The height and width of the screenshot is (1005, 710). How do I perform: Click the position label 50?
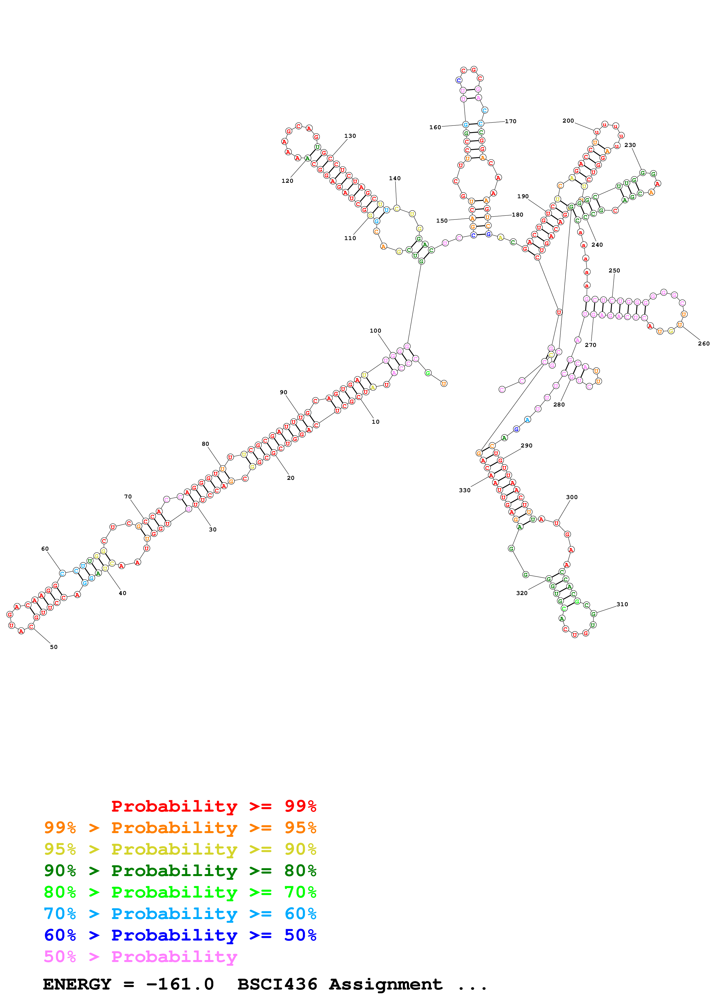(x=54, y=647)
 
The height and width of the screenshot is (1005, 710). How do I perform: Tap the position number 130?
(x=350, y=136)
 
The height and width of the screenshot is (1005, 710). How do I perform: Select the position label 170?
(x=510, y=121)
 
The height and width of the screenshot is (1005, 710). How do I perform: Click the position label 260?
(x=703, y=343)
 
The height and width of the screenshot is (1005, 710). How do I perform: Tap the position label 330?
(x=465, y=490)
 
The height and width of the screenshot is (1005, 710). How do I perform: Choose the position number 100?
(x=375, y=331)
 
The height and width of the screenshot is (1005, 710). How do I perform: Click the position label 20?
(x=290, y=478)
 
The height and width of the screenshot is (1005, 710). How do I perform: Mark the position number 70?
(x=128, y=496)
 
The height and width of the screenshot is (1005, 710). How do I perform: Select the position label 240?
(x=597, y=245)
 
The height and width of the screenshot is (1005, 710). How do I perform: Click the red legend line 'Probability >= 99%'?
(x=213, y=806)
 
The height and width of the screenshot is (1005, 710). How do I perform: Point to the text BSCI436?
(x=277, y=984)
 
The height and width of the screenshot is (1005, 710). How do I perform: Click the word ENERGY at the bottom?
(x=77, y=984)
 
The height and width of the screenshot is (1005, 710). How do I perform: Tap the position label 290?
(x=526, y=445)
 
